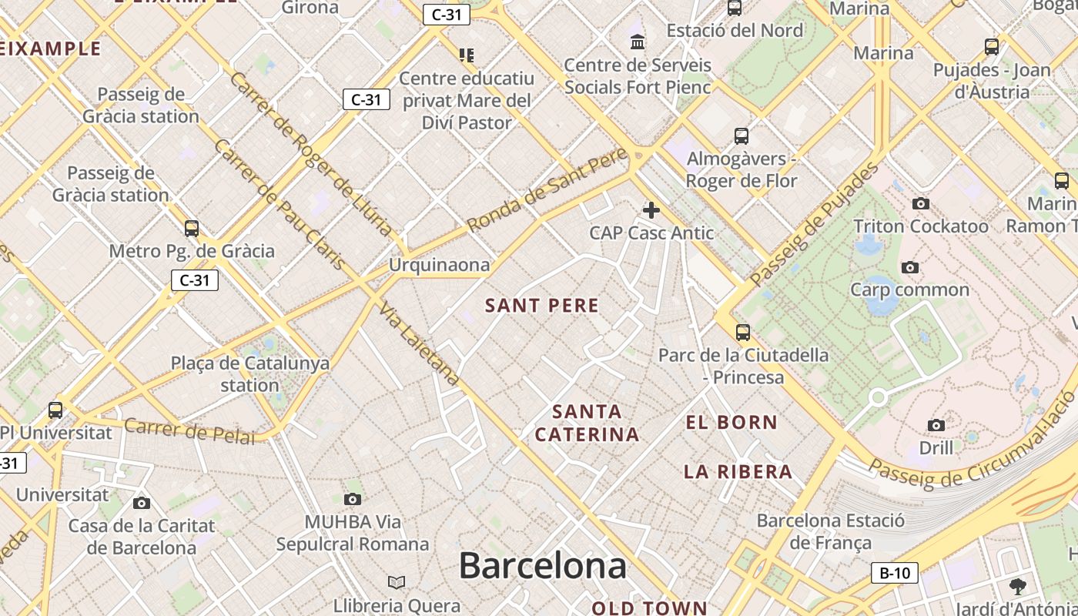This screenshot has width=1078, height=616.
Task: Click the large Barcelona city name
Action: click(543, 567)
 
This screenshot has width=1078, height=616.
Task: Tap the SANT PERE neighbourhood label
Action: click(542, 306)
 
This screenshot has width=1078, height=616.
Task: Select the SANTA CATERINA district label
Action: click(588, 423)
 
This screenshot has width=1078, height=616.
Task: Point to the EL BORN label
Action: click(731, 422)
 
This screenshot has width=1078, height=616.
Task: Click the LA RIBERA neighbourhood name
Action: click(738, 472)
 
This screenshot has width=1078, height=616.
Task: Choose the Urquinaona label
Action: click(439, 265)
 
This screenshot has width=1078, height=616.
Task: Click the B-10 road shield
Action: click(895, 573)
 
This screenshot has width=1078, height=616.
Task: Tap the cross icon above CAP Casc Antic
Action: click(651, 209)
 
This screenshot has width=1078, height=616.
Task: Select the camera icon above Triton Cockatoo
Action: click(920, 204)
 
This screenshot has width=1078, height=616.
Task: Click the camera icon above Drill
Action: click(936, 425)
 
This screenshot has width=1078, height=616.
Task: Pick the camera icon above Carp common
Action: click(910, 268)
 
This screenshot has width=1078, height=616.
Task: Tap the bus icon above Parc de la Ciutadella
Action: click(743, 333)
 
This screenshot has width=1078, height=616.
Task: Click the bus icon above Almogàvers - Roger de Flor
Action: click(742, 136)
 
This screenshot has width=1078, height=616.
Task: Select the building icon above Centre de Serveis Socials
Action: click(638, 42)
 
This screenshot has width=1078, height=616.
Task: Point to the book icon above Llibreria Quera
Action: click(397, 582)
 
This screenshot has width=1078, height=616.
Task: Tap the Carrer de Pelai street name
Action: click(189, 431)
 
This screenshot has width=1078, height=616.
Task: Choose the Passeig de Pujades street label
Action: click(814, 225)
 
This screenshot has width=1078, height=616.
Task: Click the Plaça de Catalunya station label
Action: click(250, 373)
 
